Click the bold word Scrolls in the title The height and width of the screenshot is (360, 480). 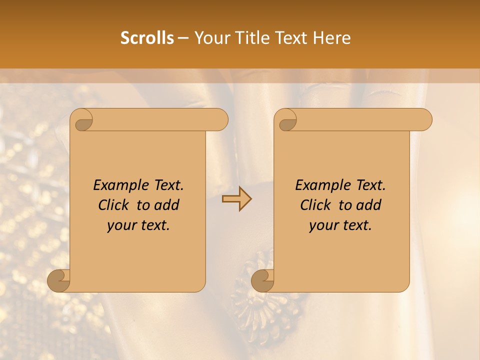147,38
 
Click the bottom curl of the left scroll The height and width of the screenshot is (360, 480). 58,280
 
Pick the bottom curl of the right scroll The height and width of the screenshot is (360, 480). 262,280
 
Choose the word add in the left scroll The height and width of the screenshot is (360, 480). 167,205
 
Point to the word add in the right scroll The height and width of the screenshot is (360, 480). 369,205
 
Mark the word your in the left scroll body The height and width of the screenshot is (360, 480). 120,225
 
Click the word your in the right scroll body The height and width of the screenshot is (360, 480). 322,225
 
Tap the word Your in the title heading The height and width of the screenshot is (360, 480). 209,38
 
